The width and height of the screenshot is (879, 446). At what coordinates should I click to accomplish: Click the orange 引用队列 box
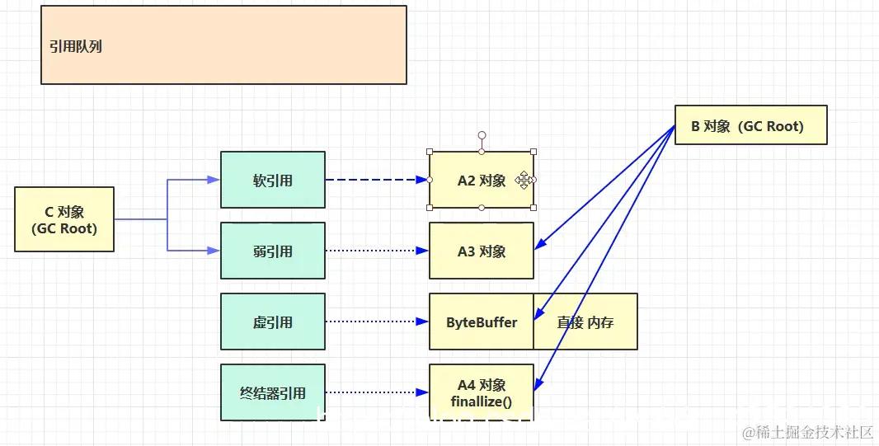pyautogui.click(x=223, y=45)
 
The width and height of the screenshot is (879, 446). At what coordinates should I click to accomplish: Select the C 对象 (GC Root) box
pyautogui.click(x=64, y=219)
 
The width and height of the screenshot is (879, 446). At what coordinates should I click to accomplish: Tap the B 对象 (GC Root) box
pyautogui.click(x=750, y=125)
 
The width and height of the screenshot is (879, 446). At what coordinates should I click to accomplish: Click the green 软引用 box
pyautogui.click(x=273, y=180)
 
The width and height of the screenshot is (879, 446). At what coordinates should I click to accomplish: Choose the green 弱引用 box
pyautogui.click(x=273, y=251)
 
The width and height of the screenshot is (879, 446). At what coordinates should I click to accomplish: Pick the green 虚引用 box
pyautogui.click(x=273, y=322)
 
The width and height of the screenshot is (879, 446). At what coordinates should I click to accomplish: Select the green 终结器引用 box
pyautogui.click(x=273, y=393)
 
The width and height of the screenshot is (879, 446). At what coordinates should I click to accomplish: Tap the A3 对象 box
pyautogui.click(x=482, y=251)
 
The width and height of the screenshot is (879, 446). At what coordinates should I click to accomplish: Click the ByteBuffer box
pyautogui.click(x=482, y=322)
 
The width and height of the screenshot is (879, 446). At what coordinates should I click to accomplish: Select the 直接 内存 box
pyautogui.click(x=585, y=322)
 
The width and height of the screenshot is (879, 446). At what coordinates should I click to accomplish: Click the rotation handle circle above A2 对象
pyautogui.click(x=482, y=135)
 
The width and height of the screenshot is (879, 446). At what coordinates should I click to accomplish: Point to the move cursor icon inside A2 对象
pyautogui.click(x=524, y=180)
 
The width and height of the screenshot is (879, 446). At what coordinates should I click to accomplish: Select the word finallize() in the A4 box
pyautogui.click(x=482, y=401)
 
